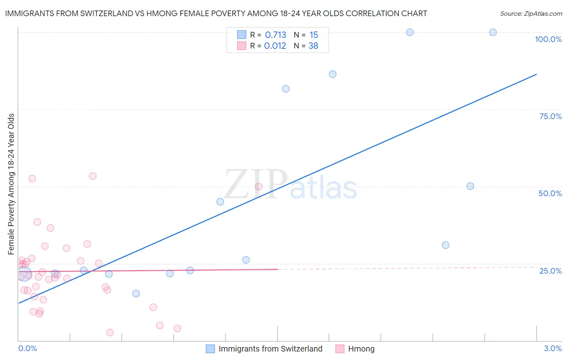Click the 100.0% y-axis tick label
tap(548, 39)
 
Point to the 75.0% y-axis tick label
tap(550, 116)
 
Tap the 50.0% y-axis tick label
tap(550, 193)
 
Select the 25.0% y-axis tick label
tap(550, 271)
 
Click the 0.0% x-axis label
tap(27, 348)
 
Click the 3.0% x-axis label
tap(552, 348)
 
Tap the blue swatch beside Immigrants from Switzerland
tap(210, 349)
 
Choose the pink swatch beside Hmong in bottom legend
tap(340, 349)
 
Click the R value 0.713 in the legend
tap(275, 35)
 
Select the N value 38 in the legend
tap(313, 46)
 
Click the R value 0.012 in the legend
tap(275, 46)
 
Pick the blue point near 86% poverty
tap(333, 74)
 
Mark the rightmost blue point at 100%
tap(493, 32)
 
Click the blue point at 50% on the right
tap(470, 186)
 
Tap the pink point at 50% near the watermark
tap(258, 186)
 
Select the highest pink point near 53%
tap(93, 176)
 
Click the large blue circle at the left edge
tap(24, 274)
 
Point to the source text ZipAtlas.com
tap(531, 14)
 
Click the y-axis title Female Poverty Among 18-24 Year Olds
tap(11, 184)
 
